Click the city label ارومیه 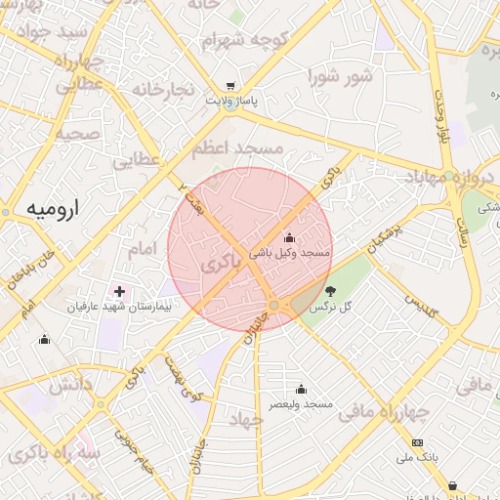tap(52, 208)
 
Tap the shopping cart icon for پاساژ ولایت tap(229, 86)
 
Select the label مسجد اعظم tap(236, 148)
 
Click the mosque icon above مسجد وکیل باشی tap(289, 237)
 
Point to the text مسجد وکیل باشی tap(290, 253)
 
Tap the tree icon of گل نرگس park tap(331, 290)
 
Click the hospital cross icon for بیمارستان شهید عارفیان tap(120, 291)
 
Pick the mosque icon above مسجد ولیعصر tap(300, 389)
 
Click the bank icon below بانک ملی tap(418, 442)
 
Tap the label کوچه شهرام tap(234, 42)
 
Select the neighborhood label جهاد tap(245, 420)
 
